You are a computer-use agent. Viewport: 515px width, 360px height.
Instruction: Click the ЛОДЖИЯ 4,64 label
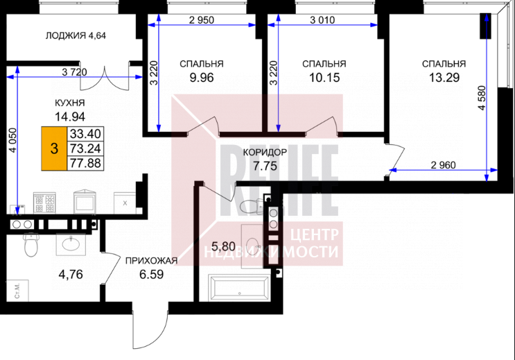click(76, 35)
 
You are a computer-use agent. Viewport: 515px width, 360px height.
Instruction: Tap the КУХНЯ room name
click(69, 103)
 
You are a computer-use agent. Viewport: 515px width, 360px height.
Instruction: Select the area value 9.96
click(202, 78)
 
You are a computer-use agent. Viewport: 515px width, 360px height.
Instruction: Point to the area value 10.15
click(324, 78)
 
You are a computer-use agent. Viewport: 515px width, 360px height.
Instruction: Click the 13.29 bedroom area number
click(444, 78)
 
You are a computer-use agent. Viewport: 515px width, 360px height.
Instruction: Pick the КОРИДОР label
click(265, 152)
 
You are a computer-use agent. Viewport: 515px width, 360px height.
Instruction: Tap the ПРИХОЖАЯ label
click(151, 261)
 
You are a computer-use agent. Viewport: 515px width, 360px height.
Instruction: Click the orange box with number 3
click(54, 148)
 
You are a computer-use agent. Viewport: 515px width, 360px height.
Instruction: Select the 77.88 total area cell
click(85, 164)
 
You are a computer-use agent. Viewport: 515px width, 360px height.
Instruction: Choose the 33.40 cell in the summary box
click(85, 134)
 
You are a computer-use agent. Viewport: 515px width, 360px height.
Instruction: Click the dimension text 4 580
click(482, 98)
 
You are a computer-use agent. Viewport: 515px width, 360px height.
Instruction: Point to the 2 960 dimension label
click(443, 165)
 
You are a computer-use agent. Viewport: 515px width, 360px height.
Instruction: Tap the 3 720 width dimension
click(75, 72)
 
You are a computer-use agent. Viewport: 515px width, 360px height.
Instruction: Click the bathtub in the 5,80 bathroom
click(239, 288)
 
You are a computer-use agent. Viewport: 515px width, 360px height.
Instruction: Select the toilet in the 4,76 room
click(31, 244)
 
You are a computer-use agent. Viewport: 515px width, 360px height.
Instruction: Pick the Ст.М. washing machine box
click(18, 291)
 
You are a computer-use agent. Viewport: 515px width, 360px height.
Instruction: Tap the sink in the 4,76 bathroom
click(71, 244)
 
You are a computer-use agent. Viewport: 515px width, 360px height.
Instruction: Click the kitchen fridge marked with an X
click(125, 203)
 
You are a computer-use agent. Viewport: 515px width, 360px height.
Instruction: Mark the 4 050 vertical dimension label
click(12, 140)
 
